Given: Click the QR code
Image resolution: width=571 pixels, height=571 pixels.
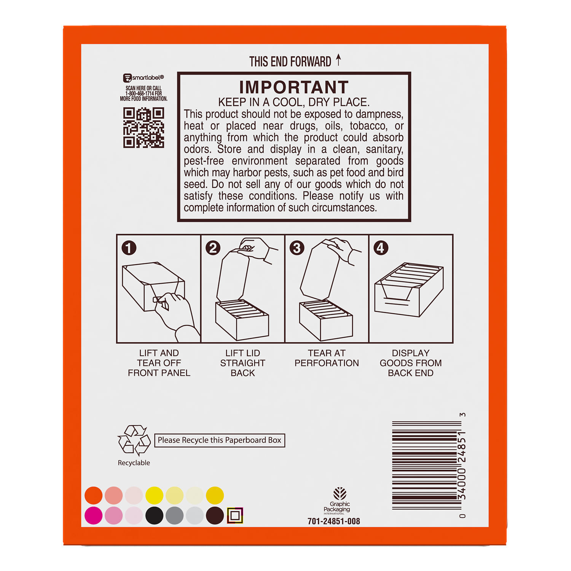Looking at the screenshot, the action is click(144, 128).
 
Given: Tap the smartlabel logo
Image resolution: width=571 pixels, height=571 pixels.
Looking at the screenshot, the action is click(144, 78).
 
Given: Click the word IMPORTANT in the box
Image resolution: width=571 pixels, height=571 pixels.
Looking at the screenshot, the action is click(294, 87).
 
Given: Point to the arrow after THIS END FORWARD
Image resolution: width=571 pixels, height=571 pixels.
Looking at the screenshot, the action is click(338, 60).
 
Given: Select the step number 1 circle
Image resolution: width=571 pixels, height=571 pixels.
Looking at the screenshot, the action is click(129, 248).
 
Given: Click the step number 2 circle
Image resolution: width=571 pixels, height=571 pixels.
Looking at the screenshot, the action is click(213, 248).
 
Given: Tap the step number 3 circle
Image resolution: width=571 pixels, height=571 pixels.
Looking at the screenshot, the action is click(297, 248).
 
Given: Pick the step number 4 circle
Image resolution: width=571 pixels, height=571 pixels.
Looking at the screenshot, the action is click(381, 248).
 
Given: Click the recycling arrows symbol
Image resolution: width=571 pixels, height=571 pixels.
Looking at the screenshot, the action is click(134, 440).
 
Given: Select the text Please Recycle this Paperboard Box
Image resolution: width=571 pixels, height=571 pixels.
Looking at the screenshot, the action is click(220, 440).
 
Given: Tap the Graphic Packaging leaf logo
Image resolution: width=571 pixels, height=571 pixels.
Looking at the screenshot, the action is click(340, 494).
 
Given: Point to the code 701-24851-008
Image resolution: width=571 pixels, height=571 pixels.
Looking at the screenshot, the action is click(334, 521).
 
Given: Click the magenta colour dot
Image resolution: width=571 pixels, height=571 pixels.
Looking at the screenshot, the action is click(93, 515).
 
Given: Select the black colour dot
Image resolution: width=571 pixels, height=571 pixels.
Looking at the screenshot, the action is click(154, 515).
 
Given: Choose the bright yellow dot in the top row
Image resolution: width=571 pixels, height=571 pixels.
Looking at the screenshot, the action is click(154, 495).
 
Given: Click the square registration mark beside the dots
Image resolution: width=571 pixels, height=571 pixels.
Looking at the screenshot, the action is click(235, 515).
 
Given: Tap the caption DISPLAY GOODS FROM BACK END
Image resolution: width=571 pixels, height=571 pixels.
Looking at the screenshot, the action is click(411, 363).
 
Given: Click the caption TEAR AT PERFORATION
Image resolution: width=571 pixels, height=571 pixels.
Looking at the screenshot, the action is click(327, 358).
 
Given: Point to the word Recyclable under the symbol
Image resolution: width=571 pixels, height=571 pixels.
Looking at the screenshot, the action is click(134, 463).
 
